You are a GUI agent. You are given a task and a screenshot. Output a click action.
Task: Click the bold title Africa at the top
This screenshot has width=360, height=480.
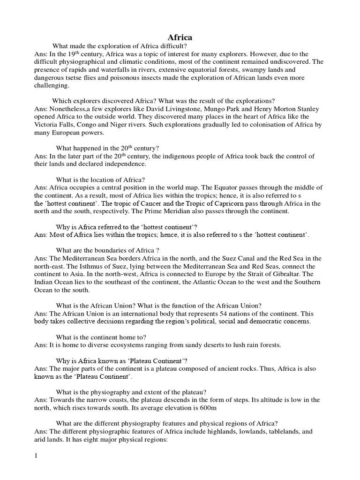coord(180,37)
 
